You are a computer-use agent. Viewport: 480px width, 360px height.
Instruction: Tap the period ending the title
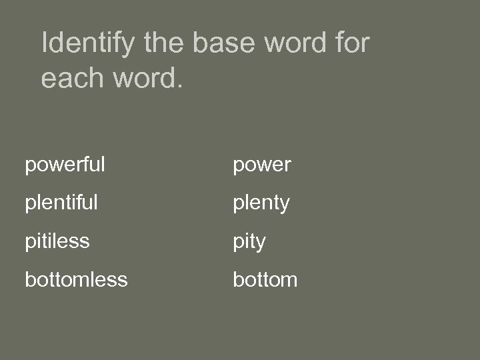click(178, 87)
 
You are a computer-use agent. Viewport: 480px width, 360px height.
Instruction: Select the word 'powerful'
click(65, 165)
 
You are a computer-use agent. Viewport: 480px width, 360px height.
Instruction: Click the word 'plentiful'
click(61, 203)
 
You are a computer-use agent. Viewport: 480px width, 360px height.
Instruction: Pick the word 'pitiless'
click(57, 241)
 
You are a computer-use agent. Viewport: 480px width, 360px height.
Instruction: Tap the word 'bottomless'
click(76, 279)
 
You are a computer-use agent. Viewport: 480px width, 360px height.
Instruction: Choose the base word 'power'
click(261, 165)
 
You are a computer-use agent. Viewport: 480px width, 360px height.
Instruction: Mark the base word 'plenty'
click(261, 203)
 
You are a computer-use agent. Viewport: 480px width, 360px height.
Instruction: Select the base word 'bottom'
click(265, 279)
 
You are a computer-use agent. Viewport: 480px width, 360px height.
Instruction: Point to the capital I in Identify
click(45, 44)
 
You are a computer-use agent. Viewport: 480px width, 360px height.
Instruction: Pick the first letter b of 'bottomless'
click(30, 279)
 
